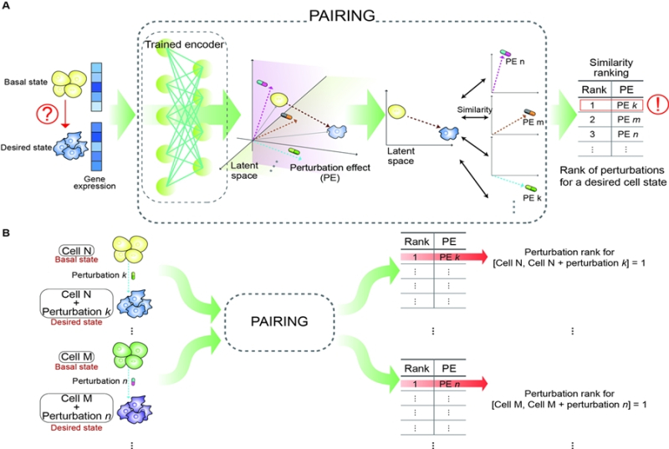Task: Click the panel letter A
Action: (x=6, y=6)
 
